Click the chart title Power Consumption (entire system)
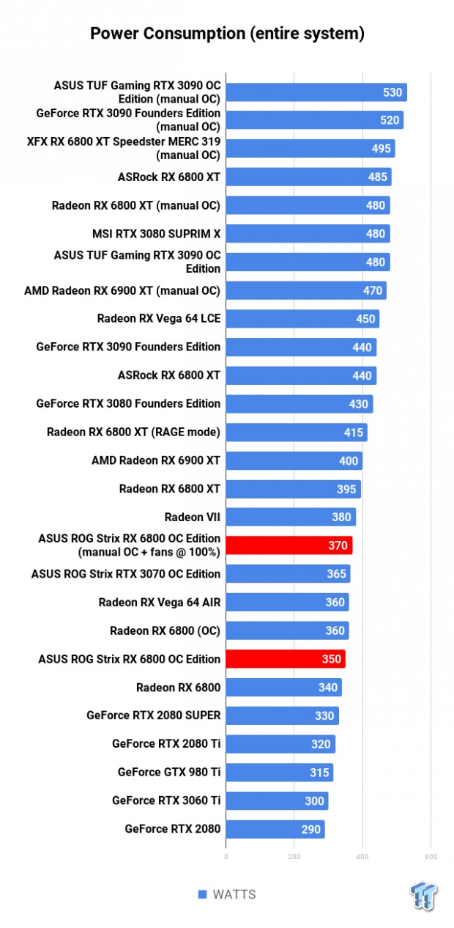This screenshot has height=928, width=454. tap(227, 34)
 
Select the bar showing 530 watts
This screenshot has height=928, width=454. tap(316, 92)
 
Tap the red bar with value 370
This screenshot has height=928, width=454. tap(289, 545)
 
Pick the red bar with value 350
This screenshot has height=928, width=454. tap(285, 659)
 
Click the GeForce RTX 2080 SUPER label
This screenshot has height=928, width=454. tap(153, 715)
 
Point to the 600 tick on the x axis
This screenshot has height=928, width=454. tap(431, 856)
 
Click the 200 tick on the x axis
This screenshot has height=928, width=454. tap(294, 856)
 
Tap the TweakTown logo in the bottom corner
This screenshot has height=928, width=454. tap(424, 896)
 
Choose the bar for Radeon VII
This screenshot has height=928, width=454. tap(291, 517)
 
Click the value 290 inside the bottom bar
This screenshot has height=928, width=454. tap(310, 829)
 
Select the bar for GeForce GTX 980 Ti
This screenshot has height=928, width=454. tap(279, 773)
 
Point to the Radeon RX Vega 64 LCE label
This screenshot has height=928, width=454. tap(158, 319)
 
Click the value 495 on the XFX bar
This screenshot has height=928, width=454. tap(381, 149)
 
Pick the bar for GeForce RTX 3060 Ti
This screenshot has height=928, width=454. tap(277, 800)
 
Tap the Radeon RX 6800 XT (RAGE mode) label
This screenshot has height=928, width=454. tap(133, 432)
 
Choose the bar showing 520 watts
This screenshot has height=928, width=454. tap(314, 120)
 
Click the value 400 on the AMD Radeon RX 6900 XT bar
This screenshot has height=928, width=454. tap(349, 460)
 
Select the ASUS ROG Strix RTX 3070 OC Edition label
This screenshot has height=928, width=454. tap(126, 574)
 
